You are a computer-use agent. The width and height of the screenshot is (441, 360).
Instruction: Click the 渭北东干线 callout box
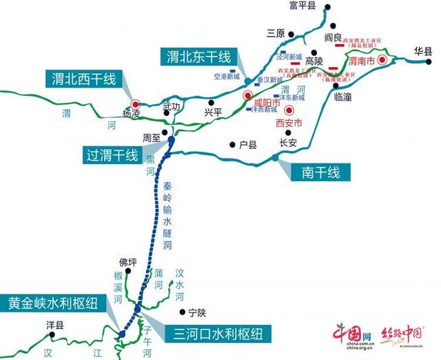pos(198,57)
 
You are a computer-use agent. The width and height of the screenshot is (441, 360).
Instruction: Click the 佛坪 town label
pos(128,261)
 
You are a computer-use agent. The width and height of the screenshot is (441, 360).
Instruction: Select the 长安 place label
pos(288,143)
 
